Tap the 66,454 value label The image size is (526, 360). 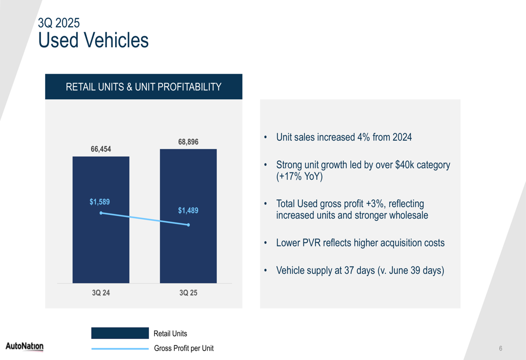coord(101,149)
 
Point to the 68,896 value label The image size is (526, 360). coord(188,142)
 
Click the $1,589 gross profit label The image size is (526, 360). coord(100,202)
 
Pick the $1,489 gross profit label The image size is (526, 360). coord(188,211)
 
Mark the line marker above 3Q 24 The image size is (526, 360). coord(101,213)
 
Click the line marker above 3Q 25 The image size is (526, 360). coord(188,225)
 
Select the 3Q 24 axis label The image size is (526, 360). coord(101,293)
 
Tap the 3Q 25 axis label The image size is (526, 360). coord(188,293)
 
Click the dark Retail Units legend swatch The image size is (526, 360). coord(120,333)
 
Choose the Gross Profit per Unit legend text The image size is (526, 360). coord(184,348)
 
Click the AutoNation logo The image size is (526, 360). coord(25,346)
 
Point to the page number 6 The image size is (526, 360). coord(501,348)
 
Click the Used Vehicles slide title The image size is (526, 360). coord(94,40)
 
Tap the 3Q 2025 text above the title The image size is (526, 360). coord(59,23)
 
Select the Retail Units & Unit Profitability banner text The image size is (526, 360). coord(144,87)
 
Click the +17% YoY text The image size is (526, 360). coord(300,177)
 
